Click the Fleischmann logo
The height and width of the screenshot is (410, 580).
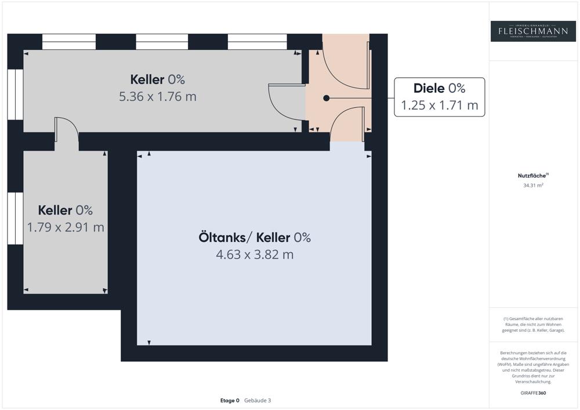533,31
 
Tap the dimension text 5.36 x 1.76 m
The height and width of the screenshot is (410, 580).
158,96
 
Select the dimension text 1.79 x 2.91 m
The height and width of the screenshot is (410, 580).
66,227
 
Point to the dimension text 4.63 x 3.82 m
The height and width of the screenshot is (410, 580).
255,254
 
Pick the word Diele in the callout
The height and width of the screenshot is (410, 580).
429,88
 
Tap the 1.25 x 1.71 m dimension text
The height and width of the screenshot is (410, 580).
440,106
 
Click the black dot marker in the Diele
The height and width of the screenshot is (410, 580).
327,99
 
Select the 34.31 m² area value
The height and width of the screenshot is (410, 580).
533,186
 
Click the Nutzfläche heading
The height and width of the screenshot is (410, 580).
532,175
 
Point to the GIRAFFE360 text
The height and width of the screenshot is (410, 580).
533,393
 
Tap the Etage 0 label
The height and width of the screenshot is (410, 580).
230,400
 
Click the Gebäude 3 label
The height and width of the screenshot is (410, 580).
258,400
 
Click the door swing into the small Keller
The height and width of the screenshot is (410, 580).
67,128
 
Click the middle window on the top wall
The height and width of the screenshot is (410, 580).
162,42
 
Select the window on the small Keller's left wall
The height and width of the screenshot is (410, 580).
16,219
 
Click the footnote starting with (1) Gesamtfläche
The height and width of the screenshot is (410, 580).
533,324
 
